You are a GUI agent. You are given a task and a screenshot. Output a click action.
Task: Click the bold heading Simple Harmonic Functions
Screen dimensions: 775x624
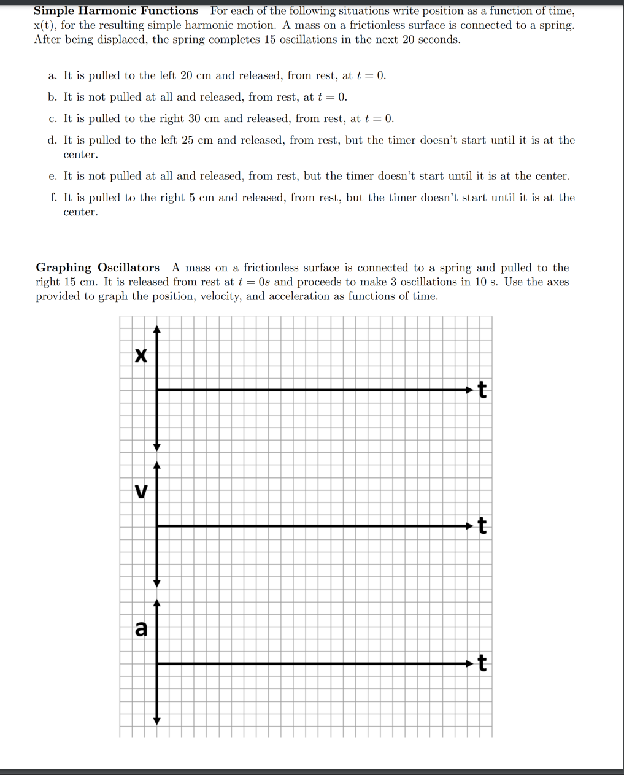tap(116, 11)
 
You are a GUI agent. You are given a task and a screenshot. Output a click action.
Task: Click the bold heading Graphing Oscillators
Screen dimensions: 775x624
tap(98, 268)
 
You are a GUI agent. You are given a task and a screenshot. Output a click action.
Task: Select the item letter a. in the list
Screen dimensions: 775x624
tap(53, 75)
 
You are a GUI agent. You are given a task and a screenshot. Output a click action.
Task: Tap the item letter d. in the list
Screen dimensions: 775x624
tap(52, 140)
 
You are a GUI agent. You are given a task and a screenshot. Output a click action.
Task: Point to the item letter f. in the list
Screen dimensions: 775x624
tap(53, 198)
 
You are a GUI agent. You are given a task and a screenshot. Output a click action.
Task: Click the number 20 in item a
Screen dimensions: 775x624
tap(187, 75)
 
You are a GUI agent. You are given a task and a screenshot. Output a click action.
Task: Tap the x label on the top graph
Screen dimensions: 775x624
tap(141, 355)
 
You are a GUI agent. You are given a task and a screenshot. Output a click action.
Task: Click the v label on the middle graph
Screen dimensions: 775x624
tap(141, 492)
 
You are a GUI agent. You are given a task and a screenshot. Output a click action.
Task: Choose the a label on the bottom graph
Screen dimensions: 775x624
tap(141, 629)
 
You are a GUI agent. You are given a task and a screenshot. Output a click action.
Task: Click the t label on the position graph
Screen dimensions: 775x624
tap(482, 390)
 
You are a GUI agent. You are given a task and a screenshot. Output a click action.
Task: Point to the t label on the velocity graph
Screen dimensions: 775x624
tap(482, 526)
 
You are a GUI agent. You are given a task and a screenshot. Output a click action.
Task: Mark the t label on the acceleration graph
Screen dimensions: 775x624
tap(482, 663)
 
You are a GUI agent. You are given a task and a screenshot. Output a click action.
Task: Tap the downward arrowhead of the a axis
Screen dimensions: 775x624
tap(157, 720)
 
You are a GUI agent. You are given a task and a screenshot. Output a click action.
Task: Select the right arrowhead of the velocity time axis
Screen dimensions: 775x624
tap(470, 526)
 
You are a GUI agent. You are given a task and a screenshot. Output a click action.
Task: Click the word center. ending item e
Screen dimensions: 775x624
tap(551, 176)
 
